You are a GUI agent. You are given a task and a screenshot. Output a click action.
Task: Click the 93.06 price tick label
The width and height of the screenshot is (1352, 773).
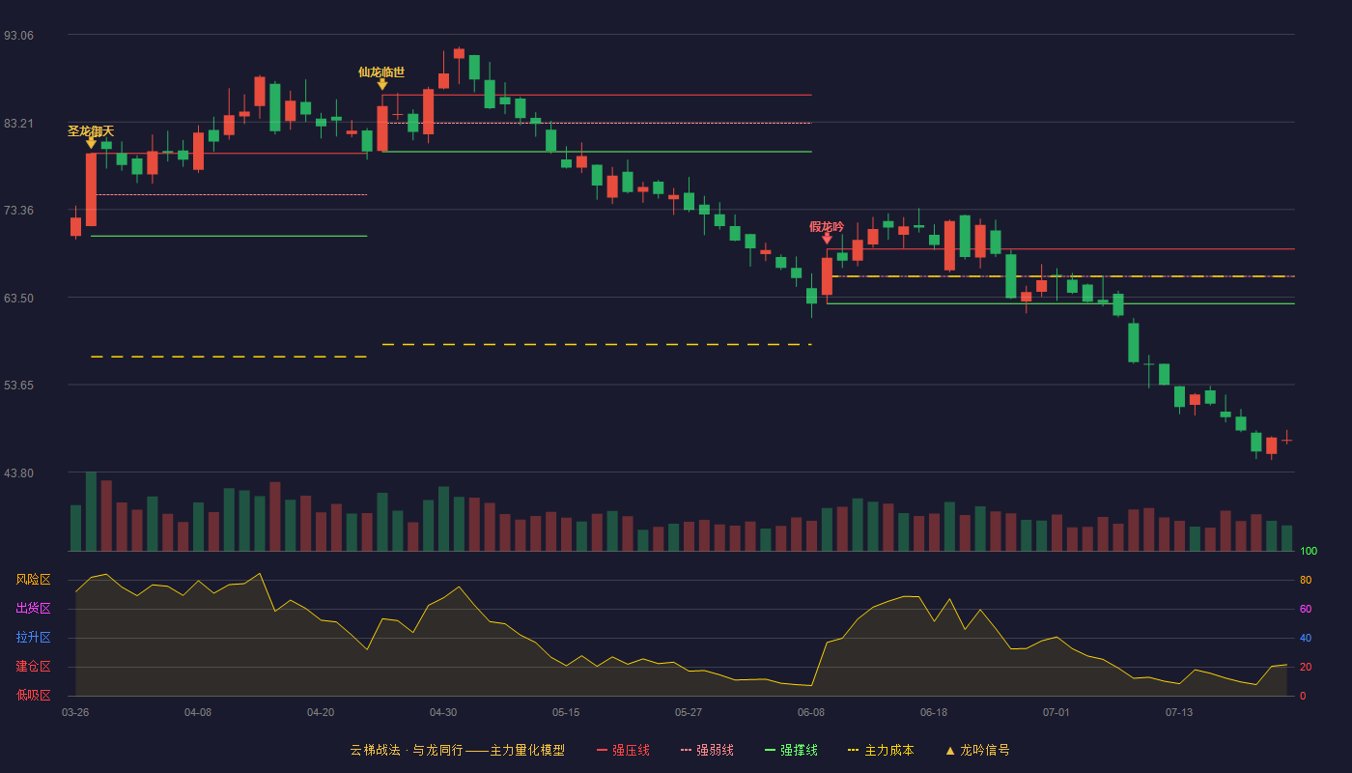pyautogui.click(x=18, y=36)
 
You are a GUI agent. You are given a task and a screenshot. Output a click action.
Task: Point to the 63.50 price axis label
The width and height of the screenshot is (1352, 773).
pyautogui.click(x=18, y=299)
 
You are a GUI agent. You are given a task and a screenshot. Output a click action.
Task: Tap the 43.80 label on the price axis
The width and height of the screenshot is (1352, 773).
pyautogui.click(x=18, y=473)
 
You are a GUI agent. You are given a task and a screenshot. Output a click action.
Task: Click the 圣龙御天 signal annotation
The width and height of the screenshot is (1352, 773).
pyautogui.click(x=91, y=131)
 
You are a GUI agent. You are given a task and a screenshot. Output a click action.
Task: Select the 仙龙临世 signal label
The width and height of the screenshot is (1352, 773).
pyautogui.click(x=381, y=72)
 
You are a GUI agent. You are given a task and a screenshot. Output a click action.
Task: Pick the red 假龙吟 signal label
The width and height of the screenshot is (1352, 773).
pyautogui.click(x=827, y=226)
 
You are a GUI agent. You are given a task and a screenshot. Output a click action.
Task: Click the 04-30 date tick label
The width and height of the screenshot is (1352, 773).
pyautogui.click(x=443, y=713)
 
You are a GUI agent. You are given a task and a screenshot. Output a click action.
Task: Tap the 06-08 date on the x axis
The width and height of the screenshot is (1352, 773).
pyautogui.click(x=810, y=713)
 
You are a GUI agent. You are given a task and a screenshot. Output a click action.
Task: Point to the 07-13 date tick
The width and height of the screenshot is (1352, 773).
pyautogui.click(x=1179, y=713)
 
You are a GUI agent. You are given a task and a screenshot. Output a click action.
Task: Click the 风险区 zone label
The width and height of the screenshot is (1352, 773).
pyautogui.click(x=33, y=580)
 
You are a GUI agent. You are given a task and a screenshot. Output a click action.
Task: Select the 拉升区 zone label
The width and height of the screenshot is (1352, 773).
pyautogui.click(x=33, y=638)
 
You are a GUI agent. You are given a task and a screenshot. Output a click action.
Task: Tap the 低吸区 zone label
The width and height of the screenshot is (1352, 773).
pyautogui.click(x=33, y=696)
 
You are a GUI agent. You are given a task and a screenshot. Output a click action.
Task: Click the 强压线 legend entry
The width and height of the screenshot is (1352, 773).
pyautogui.click(x=623, y=750)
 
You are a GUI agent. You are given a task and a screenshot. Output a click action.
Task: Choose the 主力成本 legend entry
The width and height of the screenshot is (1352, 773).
pyautogui.click(x=881, y=750)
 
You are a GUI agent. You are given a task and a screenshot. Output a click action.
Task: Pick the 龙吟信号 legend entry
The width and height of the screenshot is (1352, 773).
pyautogui.click(x=977, y=750)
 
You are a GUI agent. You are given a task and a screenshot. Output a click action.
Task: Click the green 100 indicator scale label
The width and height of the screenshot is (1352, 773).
pyautogui.click(x=1309, y=551)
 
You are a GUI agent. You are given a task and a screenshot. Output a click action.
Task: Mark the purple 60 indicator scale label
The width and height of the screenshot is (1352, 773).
pyautogui.click(x=1306, y=609)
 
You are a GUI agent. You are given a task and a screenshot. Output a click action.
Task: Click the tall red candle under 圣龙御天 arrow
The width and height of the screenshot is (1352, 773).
pyautogui.click(x=91, y=189)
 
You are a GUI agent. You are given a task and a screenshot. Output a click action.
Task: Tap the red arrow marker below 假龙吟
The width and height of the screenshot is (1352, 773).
pyautogui.click(x=827, y=239)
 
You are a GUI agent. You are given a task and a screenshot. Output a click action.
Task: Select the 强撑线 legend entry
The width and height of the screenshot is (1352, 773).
pyautogui.click(x=791, y=750)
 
